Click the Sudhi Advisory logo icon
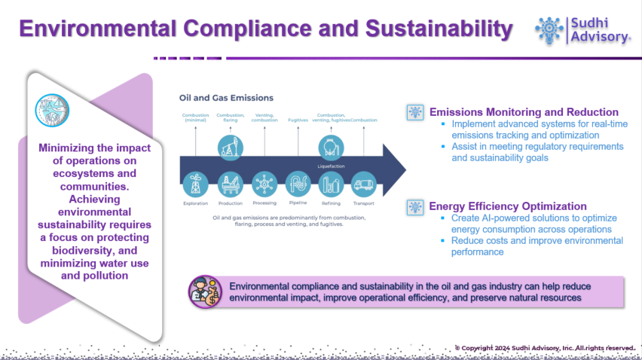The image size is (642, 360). [549, 29]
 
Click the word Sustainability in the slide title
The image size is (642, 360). [439, 29]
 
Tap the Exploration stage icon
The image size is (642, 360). [196, 184]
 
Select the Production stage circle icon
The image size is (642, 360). [230, 184]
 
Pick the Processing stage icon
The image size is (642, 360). [264, 184]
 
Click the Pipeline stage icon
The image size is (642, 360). [298, 184]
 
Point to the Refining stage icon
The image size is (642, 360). [331, 184]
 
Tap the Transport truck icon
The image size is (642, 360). [364, 184]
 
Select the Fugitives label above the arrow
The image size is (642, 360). [298, 119]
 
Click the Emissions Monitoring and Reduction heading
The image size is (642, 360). [524, 111]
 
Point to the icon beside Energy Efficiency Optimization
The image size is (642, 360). [414, 206]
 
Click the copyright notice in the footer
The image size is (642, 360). [544, 348]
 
